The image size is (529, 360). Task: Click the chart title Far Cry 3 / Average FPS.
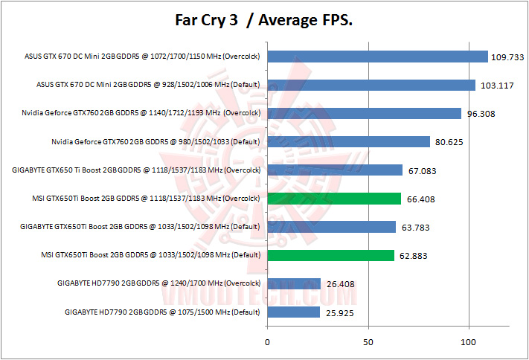(264, 21)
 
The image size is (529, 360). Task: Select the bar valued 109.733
(377, 57)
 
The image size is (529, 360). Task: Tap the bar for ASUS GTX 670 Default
(371, 85)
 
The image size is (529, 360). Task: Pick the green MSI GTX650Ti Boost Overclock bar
(333, 199)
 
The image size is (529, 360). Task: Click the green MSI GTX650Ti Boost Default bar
(330, 255)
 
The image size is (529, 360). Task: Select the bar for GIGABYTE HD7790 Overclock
(293, 283)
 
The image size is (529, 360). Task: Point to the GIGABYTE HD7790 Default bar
(293, 312)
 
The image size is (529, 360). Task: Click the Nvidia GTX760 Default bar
(348, 141)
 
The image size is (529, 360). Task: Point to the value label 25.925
(340, 312)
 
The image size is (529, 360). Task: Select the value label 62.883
(414, 256)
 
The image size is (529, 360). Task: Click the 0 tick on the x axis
(267, 342)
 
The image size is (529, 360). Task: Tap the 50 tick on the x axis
(368, 342)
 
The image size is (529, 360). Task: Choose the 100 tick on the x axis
(468, 342)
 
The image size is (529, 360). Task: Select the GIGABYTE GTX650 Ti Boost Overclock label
(136, 170)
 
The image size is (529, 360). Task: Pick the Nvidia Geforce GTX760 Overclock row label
(141, 113)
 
